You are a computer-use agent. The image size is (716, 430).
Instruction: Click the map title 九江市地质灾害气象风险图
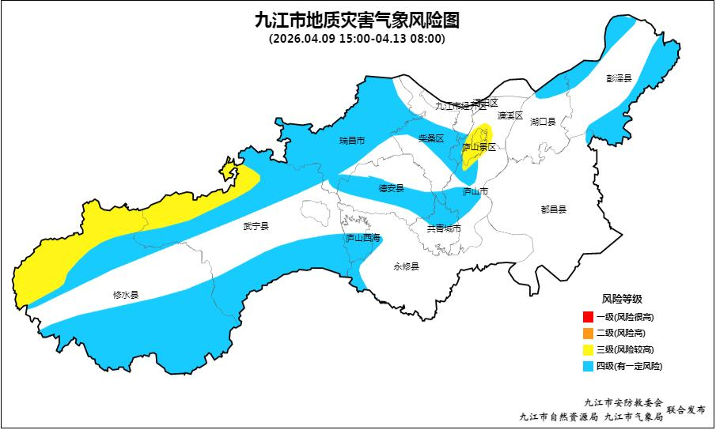click(358, 19)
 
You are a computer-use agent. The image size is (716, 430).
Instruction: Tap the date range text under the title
click(358, 38)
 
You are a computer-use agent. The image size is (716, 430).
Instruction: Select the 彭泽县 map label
click(619, 78)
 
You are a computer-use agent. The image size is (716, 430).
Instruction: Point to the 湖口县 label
click(544, 122)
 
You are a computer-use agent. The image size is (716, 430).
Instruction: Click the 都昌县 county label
click(554, 209)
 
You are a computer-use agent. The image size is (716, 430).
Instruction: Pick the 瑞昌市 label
click(351, 141)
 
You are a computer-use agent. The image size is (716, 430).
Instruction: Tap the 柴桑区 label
click(431, 138)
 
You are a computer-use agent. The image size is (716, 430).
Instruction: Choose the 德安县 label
click(391, 188)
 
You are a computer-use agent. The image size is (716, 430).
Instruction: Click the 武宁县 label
click(256, 227)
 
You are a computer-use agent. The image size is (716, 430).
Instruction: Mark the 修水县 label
click(126, 295)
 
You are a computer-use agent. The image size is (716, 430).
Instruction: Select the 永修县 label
click(406, 266)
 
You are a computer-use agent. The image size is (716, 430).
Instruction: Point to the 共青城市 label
click(443, 229)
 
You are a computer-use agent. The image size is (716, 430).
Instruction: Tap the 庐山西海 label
click(362, 238)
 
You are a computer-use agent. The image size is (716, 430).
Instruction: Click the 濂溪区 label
click(510, 115)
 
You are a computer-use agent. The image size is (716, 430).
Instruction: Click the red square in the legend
click(587, 317)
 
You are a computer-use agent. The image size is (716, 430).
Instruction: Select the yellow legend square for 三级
click(587, 349)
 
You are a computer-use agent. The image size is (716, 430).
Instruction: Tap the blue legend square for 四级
click(587, 366)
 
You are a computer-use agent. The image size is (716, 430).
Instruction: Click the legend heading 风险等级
click(622, 299)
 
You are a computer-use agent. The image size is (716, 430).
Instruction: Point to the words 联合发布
click(686, 409)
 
